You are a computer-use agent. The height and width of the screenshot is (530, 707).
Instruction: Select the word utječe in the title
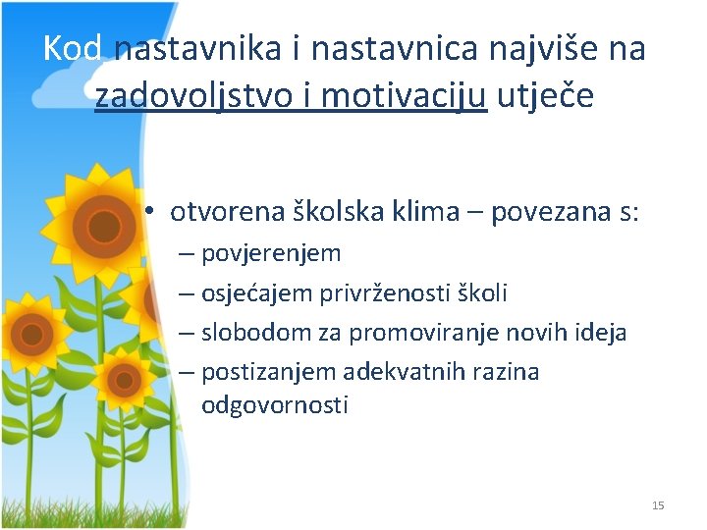(x=546, y=95)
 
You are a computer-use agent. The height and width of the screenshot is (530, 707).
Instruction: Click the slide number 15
(x=658, y=505)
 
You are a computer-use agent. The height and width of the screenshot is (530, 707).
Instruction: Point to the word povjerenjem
(x=271, y=254)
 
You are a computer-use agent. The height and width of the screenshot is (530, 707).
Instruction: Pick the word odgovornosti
(x=274, y=404)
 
